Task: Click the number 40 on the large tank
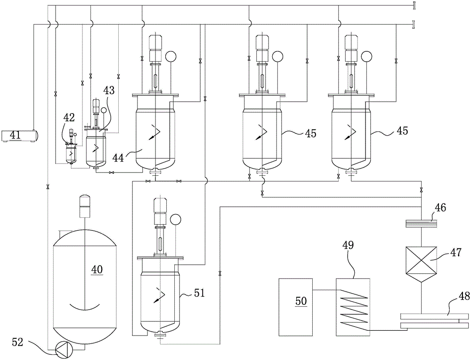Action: pos(97,269)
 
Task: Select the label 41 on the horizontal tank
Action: pos(16,135)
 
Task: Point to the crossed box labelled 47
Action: pos(421,260)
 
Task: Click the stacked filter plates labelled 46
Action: pos(421,224)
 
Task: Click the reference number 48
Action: pos(464,296)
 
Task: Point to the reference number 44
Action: pos(119,157)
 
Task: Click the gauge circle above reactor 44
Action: pos(171,56)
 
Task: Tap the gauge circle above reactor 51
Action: pos(175,220)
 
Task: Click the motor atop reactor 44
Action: pos(155,48)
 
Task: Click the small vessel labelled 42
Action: pos(71,149)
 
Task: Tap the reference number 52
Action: pos(18,342)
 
